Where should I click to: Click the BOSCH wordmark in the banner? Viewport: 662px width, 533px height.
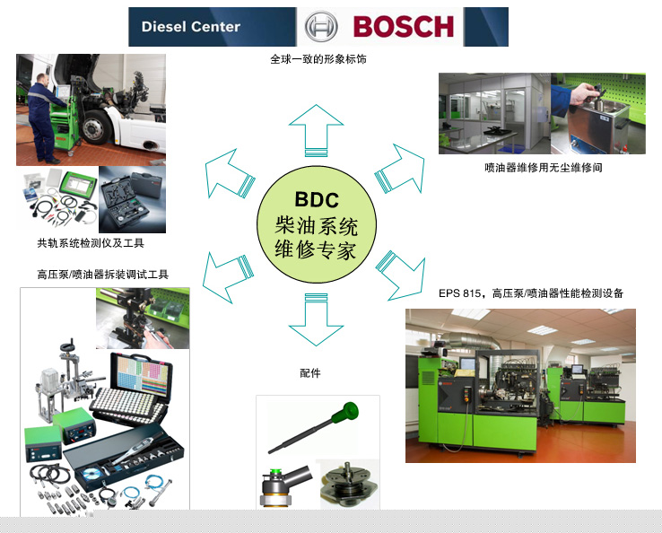403,27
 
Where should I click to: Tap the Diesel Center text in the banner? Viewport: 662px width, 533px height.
191,27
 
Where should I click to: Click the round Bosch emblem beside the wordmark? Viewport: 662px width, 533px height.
321,27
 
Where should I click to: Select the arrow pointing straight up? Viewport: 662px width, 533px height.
317,130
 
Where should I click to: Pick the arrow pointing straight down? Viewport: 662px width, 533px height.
317,319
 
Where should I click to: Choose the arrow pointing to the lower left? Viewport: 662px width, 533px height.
228,277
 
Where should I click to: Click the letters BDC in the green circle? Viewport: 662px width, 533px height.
317,199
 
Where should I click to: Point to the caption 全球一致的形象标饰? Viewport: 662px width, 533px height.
318,59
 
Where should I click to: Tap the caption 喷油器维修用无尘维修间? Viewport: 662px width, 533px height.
544,168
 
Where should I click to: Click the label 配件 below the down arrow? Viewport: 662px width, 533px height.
310,373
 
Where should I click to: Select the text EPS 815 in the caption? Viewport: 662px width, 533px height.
459,293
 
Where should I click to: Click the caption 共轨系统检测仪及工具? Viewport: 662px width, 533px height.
91,243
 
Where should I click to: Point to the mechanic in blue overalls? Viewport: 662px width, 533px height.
45,118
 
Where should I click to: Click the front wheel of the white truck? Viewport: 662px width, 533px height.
94,127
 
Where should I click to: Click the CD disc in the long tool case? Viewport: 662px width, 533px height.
92,474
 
